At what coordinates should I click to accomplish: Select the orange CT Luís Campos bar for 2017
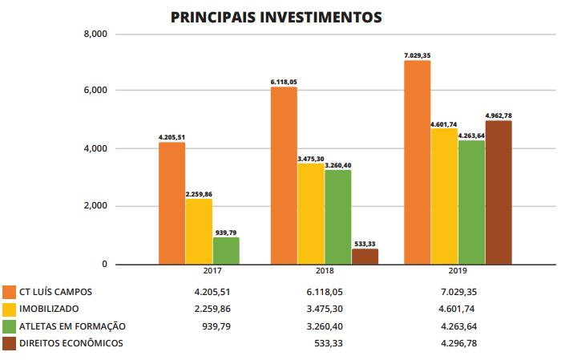[x=172, y=203]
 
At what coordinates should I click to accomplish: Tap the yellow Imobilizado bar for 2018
[x=311, y=213]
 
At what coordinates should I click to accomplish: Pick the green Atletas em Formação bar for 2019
[x=471, y=202]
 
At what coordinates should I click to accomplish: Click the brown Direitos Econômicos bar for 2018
[x=365, y=257]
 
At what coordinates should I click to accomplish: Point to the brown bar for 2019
[x=498, y=192]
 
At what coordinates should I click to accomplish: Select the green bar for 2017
[x=226, y=250]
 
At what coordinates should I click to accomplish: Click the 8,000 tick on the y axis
[x=95, y=34]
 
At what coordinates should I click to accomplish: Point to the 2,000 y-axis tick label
[x=95, y=206]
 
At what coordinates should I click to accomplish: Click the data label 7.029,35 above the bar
[x=417, y=55]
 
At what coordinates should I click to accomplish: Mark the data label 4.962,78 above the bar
[x=498, y=115]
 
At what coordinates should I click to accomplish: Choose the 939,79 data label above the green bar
[x=226, y=232]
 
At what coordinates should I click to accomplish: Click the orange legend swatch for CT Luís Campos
[x=10, y=292]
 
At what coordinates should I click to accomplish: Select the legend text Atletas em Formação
[x=71, y=326]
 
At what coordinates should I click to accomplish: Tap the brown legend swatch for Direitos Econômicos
[x=10, y=344]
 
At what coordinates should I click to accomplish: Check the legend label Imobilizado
[x=50, y=309]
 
